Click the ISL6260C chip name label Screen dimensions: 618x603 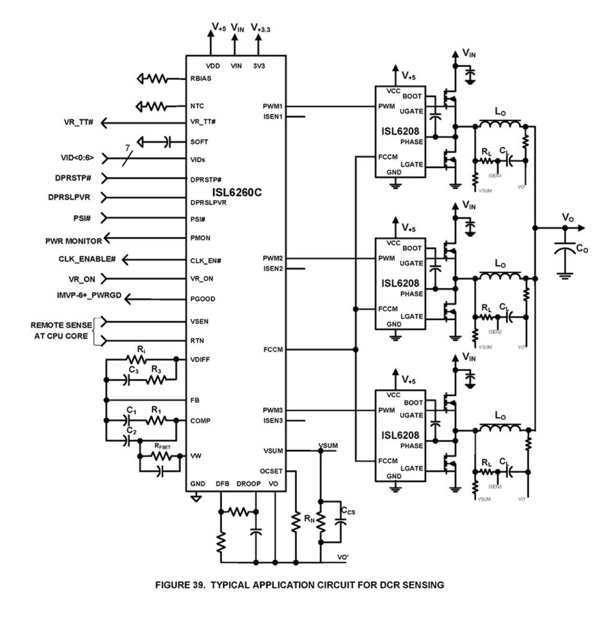(x=237, y=193)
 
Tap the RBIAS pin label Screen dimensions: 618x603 (x=201, y=78)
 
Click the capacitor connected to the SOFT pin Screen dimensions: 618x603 (x=167, y=142)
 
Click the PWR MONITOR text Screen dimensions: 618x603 (x=73, y=241)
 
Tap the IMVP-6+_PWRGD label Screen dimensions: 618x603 (x=89, y=295)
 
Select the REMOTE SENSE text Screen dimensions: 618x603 (x=61, y=325)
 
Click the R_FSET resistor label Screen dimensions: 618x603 (x=162, y=447)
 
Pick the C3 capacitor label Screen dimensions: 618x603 (x=134, y=370)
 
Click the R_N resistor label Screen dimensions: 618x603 (x=310, y=518)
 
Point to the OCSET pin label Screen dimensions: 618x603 (x=271, y=471)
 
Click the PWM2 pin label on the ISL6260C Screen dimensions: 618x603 (x=273, y=258)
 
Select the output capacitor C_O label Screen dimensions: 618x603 (x=581, y=249)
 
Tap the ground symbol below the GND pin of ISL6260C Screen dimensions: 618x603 (x=195, y=499)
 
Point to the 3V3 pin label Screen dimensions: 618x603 (x=259, y=66)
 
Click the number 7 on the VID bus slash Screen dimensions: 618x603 (x=128, y=149)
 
